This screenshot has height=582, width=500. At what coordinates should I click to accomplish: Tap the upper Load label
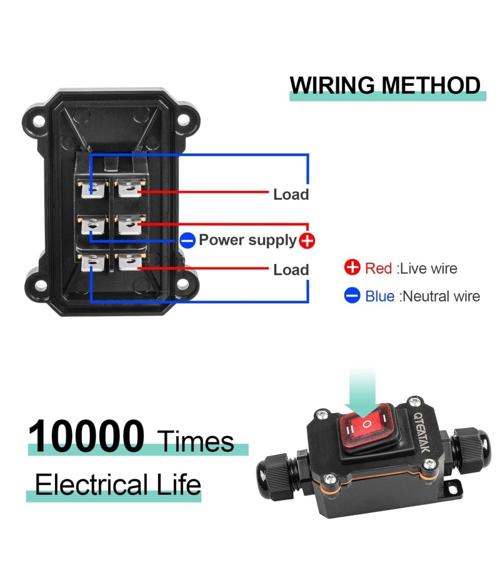click(291, 195)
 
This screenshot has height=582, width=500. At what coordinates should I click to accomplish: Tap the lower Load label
click(291, 270)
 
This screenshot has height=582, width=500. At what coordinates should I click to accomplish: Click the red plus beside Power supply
click(307, 240)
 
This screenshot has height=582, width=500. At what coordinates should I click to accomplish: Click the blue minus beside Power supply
click(187, 240)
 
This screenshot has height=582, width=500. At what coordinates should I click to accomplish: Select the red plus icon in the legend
click(352, 268)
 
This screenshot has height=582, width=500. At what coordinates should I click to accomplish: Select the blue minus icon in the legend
click(352, 295)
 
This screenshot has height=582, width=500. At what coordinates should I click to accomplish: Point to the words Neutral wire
click(441, 296)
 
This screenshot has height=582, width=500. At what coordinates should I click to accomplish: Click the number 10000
click(86, 436)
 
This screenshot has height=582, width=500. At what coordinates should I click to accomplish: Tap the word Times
click(196, 441)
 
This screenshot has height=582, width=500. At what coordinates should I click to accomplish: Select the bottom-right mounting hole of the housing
click(182, 285)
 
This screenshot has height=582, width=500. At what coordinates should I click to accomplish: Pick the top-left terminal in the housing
click(92, 186)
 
